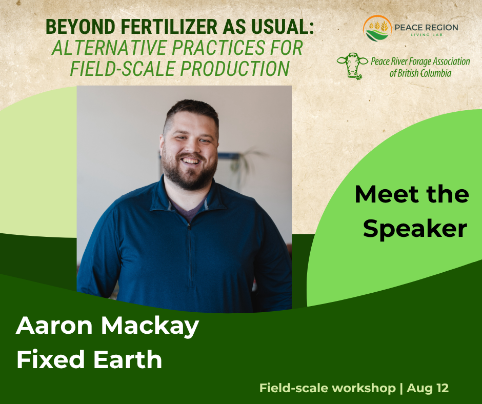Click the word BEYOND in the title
click(81, 27)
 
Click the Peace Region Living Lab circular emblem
click(377, 28)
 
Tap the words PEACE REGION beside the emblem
click(426, 27)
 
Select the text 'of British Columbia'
click(420, 73)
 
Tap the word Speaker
click(415, 229)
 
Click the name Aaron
click(54, 326)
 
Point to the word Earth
click(128, 359)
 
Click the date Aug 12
click(428, 388)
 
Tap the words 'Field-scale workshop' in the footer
click(328, 388)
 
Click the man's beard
click(190, 172)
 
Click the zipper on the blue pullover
click(190, 255)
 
